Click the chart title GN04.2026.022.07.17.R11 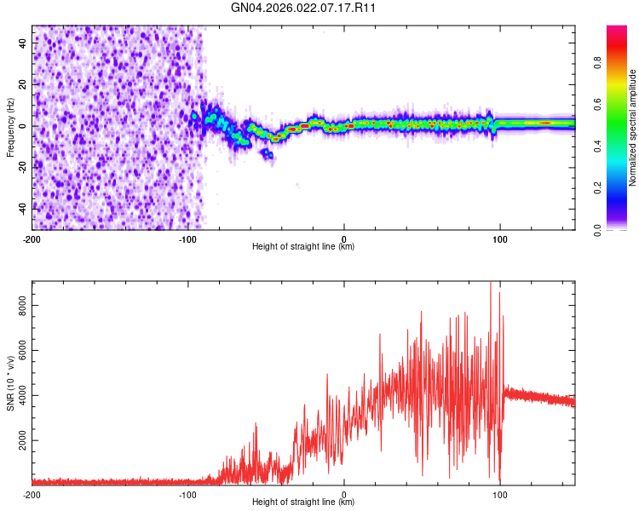tap(304, 9)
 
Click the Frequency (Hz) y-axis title tap(10, 128)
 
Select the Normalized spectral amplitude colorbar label tap(633, 128)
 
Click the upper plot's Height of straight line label tap(303, 247)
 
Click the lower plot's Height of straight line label tap(303, 502)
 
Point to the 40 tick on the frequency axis tap(22, 42)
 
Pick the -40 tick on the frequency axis tap(20, 208)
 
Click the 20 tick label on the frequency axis tap(22, 83)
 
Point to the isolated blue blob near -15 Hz tap(267, 153)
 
